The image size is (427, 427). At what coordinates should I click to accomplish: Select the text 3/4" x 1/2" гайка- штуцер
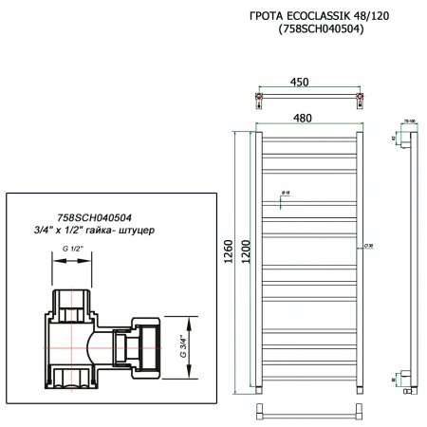pos(100,231)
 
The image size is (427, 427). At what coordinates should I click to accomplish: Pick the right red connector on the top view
pos(358,97)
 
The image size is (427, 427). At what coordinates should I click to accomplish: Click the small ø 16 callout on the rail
pos(285,194)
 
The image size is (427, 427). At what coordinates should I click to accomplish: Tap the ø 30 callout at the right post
pos(366,245)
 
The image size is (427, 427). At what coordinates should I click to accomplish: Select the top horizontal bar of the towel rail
pos(307,133)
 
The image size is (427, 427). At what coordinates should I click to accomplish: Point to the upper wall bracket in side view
pos(405,142)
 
